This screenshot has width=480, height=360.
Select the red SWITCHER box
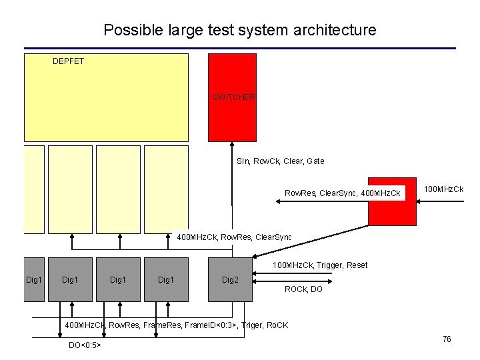click(232, 97)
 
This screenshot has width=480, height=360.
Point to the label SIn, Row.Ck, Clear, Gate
click(280, 161)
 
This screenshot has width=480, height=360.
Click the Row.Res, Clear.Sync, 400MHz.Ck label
click(343, 193)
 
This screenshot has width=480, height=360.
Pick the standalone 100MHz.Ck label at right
click(444, 190)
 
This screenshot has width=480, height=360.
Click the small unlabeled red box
click(393, 201)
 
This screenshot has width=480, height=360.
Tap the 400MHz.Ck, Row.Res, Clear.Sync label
click(233, 237)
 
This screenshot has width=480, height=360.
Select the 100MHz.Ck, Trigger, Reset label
click(319, 265)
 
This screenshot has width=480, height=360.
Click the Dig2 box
click(230, 279)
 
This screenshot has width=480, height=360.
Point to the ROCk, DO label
click(303, 289)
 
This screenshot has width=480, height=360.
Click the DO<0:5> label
click(85, 345)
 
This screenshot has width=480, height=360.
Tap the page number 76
click(447, 339)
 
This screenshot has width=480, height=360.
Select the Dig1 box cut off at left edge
click(33, 279)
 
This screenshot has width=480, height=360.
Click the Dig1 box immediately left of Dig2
click(166, 279)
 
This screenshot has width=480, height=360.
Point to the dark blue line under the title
click(240, 49)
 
